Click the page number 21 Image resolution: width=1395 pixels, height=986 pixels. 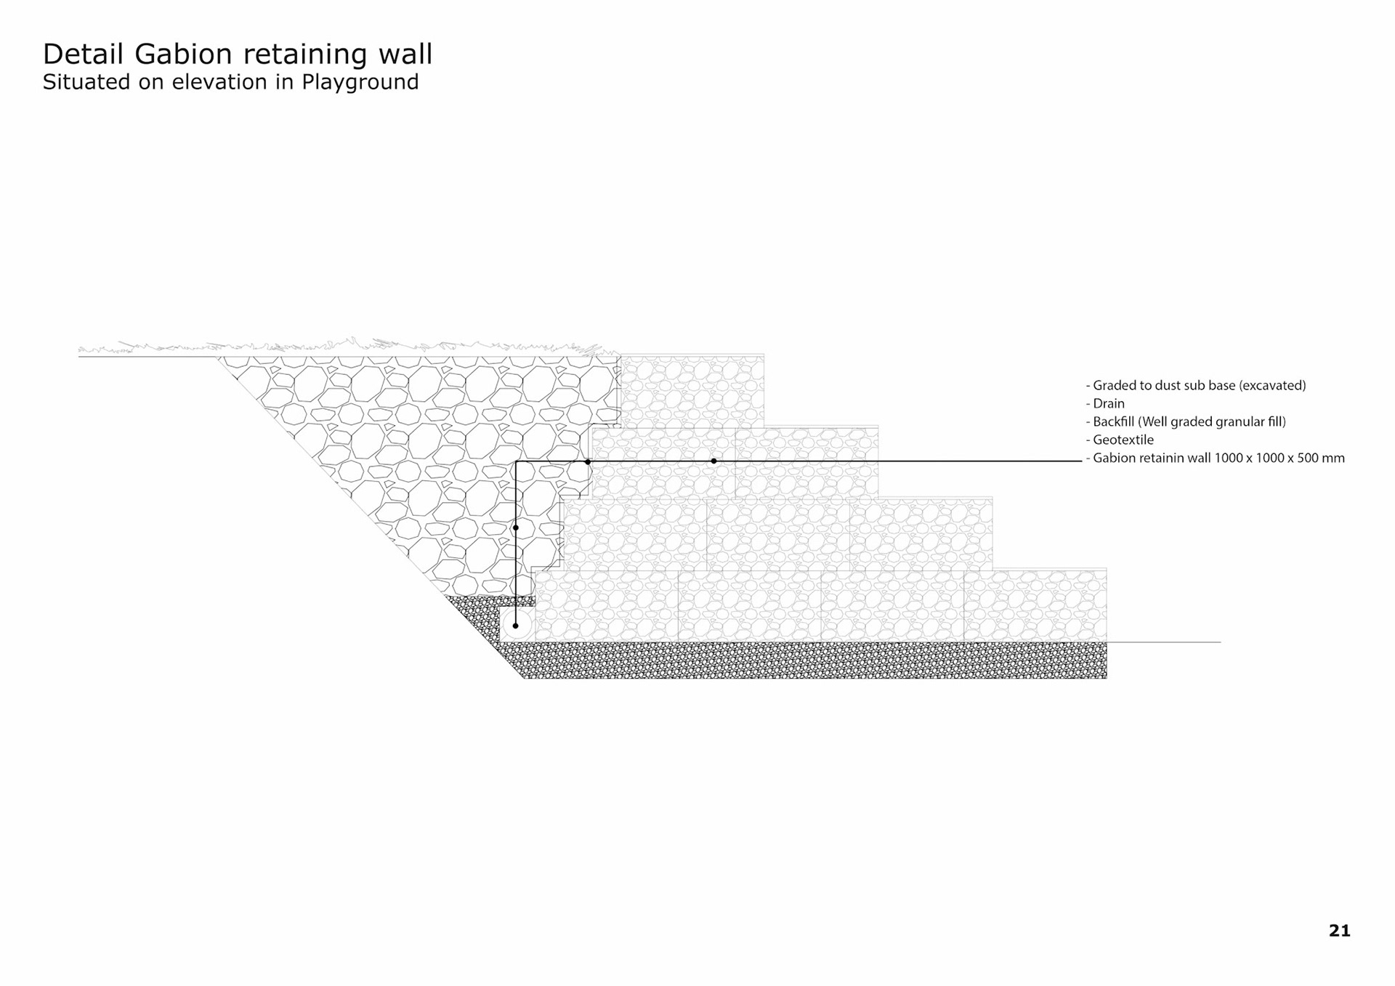click(1339, 931)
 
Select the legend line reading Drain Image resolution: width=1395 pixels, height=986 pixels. click(1108, 404)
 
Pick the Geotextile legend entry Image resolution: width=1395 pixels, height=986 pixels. click(1123, 440)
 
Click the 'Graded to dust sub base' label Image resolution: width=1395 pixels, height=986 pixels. click(1199, 386)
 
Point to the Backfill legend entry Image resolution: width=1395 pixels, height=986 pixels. click(1189, 422)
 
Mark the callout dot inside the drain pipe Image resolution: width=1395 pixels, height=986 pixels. click(516, 626)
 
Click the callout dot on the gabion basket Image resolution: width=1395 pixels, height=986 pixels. click(713, 461)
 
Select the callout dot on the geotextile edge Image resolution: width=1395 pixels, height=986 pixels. click(588, 461)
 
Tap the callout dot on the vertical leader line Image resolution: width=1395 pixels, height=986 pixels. click(516, 528)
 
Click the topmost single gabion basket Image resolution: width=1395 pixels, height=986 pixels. click(692, 391)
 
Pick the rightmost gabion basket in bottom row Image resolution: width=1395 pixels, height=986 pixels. click(1035, 606)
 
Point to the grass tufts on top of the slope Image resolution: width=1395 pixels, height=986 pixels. click(341, 346)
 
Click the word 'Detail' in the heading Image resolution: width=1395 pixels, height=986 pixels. click(84, 55)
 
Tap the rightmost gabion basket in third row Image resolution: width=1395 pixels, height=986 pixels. click(921, 534)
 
